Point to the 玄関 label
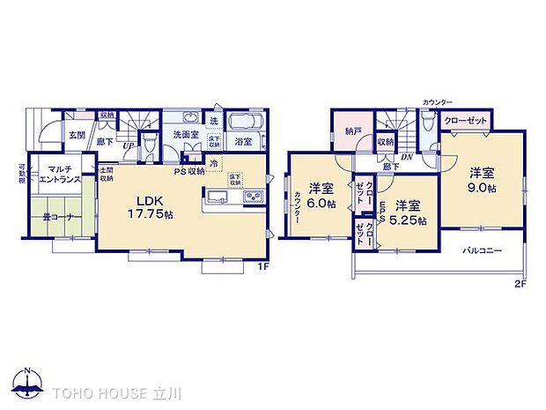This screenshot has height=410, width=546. click(77, 136)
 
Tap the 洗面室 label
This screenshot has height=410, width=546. click(183, 135)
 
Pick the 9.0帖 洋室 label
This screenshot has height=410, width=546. click(482, 180)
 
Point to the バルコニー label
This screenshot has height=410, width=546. click(483, 250)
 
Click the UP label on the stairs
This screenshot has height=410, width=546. click(129, 145)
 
